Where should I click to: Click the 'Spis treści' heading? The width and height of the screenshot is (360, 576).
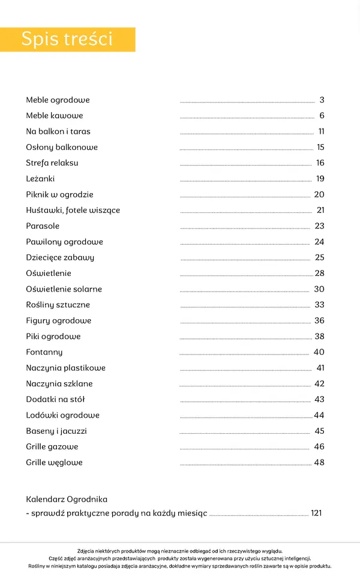67,39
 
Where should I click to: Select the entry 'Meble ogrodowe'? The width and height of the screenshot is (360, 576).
58,100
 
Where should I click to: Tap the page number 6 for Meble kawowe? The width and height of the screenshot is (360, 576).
322,116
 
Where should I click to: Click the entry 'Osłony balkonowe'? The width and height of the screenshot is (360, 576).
62,148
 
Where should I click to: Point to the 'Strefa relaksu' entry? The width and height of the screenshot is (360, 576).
52,163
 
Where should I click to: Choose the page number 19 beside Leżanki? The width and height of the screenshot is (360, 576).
320,179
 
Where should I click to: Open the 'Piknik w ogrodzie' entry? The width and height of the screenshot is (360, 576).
59,195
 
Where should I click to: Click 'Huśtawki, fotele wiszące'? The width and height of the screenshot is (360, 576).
73,211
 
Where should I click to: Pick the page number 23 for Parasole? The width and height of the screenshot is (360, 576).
319,226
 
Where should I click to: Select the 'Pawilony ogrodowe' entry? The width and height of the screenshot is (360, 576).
64,242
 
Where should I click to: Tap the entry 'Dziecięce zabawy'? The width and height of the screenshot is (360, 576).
60,257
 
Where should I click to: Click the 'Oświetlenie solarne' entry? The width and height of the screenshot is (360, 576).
64,289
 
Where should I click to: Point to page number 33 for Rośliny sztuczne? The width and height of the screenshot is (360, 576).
319,305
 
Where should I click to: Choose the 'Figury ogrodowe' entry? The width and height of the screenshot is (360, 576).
59,320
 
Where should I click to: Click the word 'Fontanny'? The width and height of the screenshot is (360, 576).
44,352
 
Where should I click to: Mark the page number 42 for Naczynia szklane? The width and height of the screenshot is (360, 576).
319,384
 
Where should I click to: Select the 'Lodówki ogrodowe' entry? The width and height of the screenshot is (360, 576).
62,415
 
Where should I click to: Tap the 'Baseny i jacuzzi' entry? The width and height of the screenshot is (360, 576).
56,431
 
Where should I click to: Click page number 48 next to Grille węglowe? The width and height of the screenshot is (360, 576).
319,463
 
